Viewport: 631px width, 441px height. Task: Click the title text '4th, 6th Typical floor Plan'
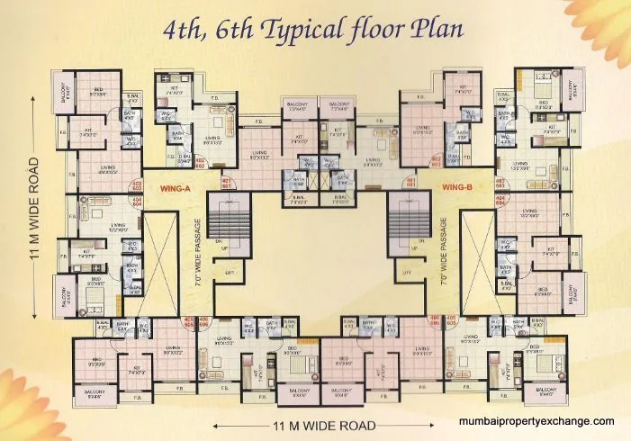coord(314,29)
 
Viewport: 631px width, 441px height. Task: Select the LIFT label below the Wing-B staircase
coord(407,271)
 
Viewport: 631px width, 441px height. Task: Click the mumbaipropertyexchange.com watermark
coord(536,420)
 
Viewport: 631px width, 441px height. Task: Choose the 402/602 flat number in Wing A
coord(201,163)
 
